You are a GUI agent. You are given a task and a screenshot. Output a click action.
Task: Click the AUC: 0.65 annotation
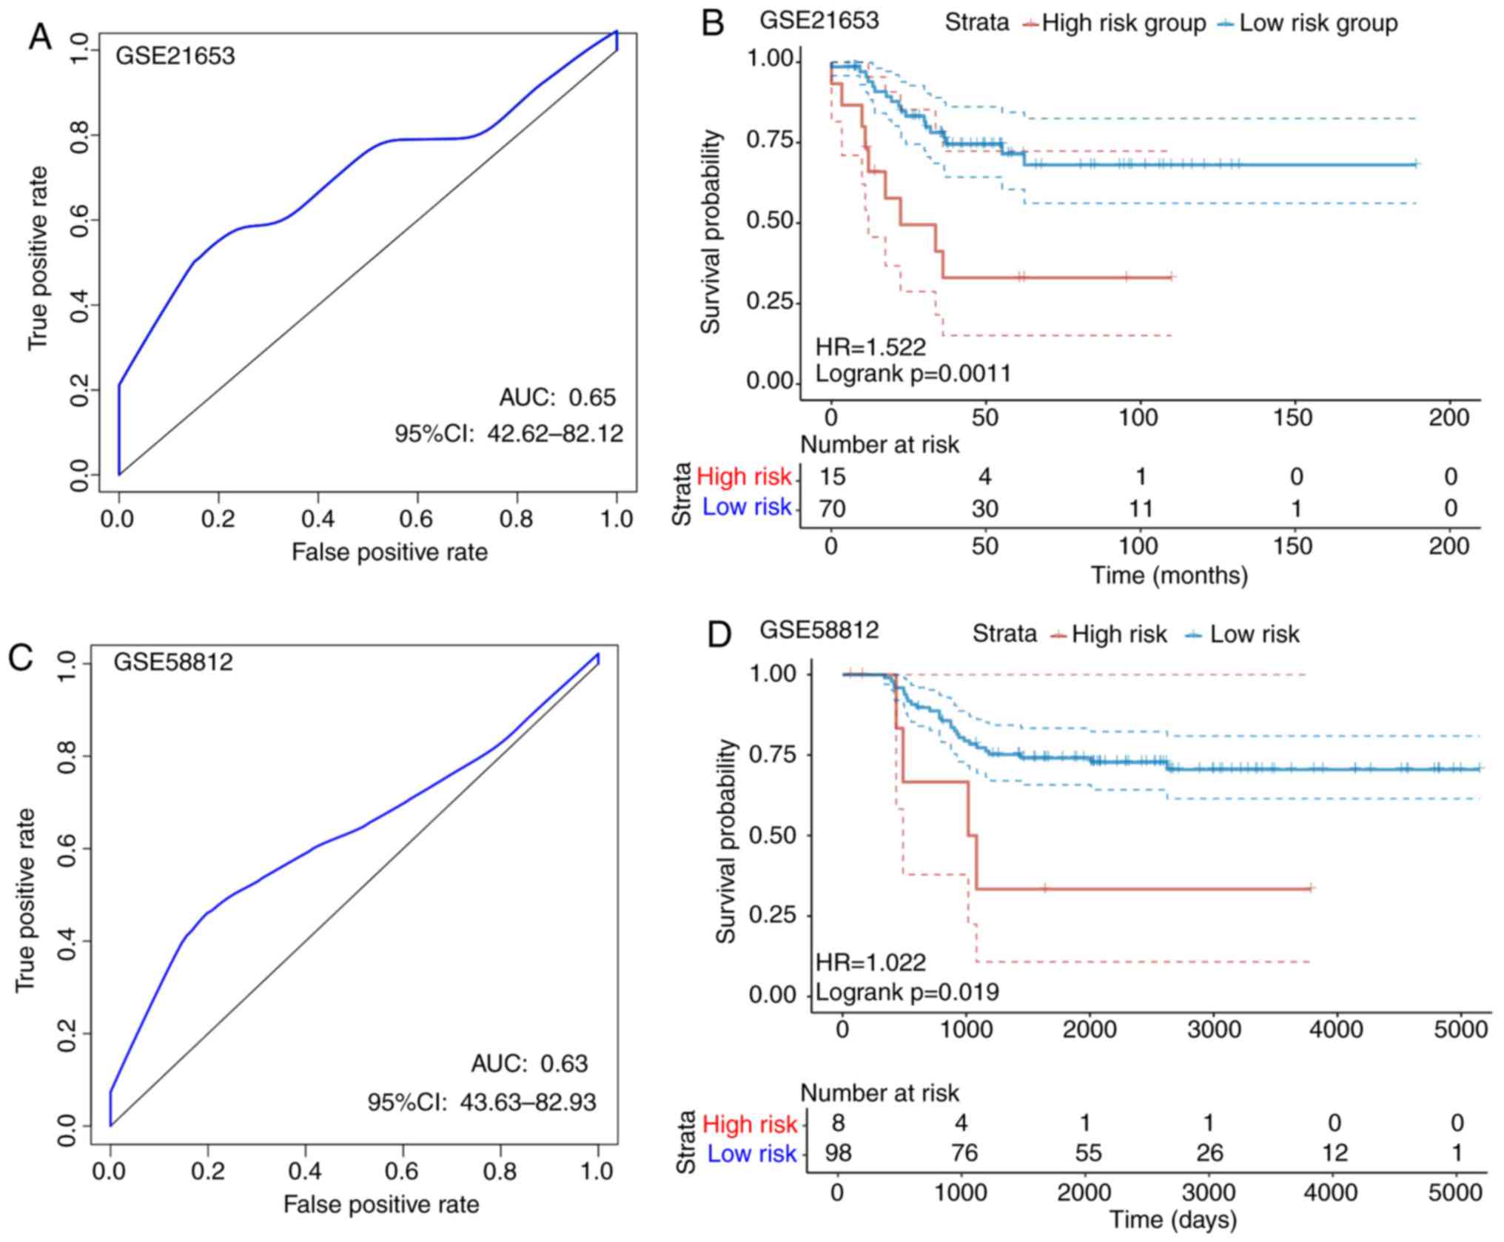(x=557, y=397)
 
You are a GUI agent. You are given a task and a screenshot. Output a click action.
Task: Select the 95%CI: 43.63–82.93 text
(x=481, y=1102)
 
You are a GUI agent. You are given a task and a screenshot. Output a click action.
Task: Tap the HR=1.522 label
(x=870, y=346)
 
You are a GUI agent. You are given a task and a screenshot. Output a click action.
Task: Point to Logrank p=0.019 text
(x=907, y=992)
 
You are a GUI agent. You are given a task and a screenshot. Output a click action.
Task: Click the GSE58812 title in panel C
(x=172, y=661)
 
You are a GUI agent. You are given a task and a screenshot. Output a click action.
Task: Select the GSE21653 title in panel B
(x=819, y=20)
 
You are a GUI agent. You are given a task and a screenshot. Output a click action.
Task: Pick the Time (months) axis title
(x=1169, y=575)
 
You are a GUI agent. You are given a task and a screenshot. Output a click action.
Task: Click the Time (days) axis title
(x=1172, y=1219)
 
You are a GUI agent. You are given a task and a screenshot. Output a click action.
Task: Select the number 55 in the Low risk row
(x=1087, y=1153)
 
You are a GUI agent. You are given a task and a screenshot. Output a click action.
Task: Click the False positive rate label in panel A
(x=389, y=552)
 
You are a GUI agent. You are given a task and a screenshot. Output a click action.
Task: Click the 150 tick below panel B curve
(x=1292, y=418)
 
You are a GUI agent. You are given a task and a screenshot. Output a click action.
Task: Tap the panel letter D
(x=719, y=636)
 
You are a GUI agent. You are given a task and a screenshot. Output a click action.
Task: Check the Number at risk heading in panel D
(x=879, y=1093)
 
